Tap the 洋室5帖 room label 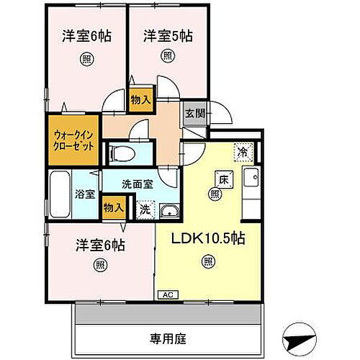167,34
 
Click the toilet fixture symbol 125,153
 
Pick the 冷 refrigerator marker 243,153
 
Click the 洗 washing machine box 144,210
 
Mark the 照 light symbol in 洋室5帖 167,56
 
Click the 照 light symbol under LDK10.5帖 207,261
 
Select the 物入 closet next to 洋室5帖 140,99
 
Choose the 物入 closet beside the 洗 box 114,207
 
